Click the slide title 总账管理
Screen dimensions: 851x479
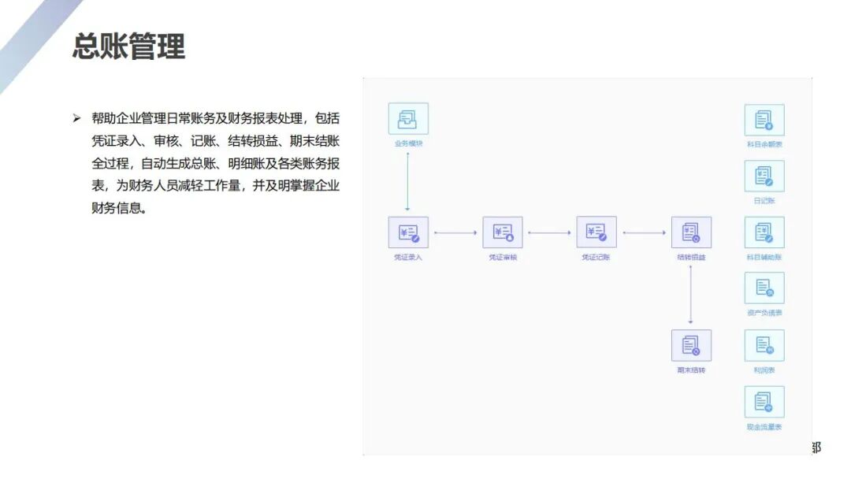point(128,46)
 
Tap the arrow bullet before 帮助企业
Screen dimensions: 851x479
point(76,118)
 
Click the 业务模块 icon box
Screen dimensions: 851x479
point(408,119)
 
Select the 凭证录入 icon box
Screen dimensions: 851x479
point(408,232)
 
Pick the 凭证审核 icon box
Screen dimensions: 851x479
point(503,232)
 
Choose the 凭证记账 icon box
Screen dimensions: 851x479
point(596,232)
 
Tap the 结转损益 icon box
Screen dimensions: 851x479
point(691,232)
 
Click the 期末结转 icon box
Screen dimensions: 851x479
point(691,345)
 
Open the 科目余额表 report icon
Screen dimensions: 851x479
point(764,120)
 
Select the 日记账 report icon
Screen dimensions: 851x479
point(764,176)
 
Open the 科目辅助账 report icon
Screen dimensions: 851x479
point(764,232)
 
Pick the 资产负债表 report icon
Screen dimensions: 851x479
point(764,288)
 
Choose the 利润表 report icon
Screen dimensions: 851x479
point(764,345)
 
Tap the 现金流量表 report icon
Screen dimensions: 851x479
point(764,402)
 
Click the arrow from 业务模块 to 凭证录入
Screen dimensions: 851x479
point(408,181)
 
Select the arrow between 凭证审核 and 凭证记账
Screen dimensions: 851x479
point(549,232)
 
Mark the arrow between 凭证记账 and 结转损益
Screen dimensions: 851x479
point(644,232)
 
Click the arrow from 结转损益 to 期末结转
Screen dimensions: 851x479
point(691,294)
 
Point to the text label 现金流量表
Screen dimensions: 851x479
point(764,427)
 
